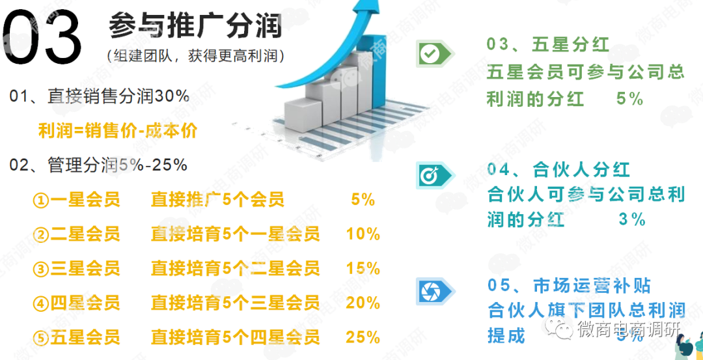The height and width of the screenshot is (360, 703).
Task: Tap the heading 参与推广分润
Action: point(195,26)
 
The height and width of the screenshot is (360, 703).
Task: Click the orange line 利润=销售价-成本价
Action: point(118,131)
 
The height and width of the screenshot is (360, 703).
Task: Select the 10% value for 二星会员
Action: point(363,234)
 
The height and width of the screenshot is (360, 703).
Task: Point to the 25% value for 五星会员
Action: point(363,337)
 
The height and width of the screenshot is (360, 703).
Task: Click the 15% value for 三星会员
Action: point(363,268)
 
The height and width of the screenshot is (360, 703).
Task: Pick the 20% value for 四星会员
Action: point(363,303)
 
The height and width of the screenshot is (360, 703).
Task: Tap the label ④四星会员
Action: point(77,303)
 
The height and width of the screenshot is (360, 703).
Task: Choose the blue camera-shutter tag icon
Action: point(432,290)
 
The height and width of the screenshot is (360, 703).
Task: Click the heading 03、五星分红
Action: point(548,44)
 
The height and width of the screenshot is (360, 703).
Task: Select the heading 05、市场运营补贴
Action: point(569,286)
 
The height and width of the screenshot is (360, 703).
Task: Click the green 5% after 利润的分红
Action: point(629,99)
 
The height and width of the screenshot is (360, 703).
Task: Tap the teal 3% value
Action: point(631,219)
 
